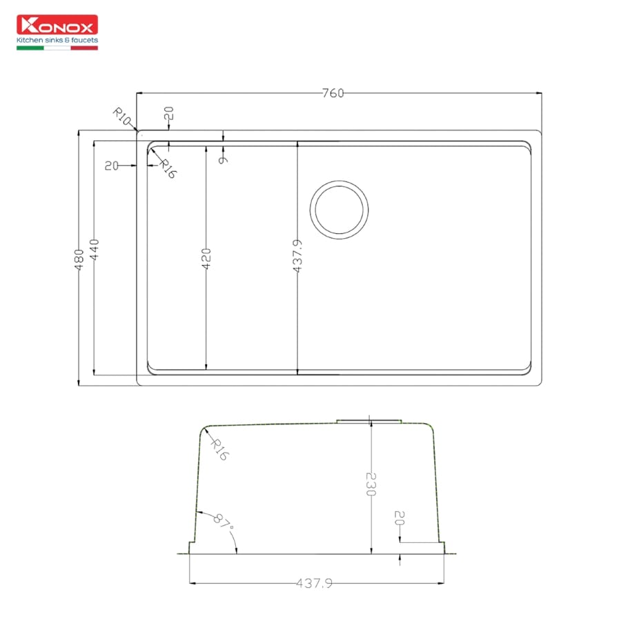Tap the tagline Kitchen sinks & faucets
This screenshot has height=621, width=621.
(x=57, y=40)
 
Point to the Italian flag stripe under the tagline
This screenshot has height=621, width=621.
(x=57, y=48)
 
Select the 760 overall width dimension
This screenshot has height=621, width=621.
(x=332, y=94)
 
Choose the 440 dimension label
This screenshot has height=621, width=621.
(x=95, y=250)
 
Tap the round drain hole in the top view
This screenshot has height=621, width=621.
(x=339, y=209)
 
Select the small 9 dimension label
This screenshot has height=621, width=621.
(x=222, y=159)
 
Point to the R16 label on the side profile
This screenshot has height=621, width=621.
(x=219, y=451)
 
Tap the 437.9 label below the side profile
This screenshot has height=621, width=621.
(x=315, y=584)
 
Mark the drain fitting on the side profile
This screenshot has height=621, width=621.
(x=369, y=419)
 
